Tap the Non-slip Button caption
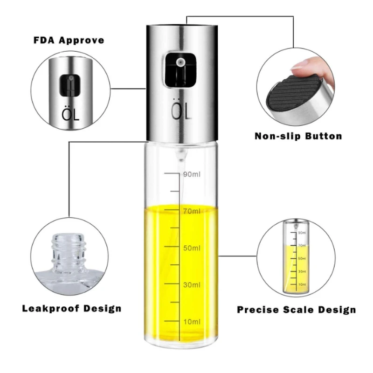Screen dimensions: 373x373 (298, 136)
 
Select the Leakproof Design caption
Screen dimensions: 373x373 (72, 308)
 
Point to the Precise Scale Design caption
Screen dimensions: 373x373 (296, 310)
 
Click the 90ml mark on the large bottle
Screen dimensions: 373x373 (192, 174)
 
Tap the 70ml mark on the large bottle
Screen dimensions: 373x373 (192, 211)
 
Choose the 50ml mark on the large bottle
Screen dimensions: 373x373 (192, 248)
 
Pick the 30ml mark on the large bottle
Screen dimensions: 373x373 (192, 284)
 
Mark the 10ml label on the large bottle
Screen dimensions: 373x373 (192, 321)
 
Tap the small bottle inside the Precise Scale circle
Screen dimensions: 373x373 (295, 256)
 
